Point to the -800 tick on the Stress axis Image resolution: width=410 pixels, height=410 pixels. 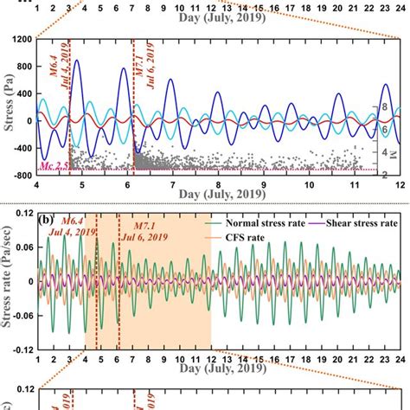tap(20, 175)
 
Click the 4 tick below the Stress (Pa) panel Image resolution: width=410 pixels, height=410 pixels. tap(36, 184)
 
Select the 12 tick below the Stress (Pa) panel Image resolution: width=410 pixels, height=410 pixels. tap(399, 184)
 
